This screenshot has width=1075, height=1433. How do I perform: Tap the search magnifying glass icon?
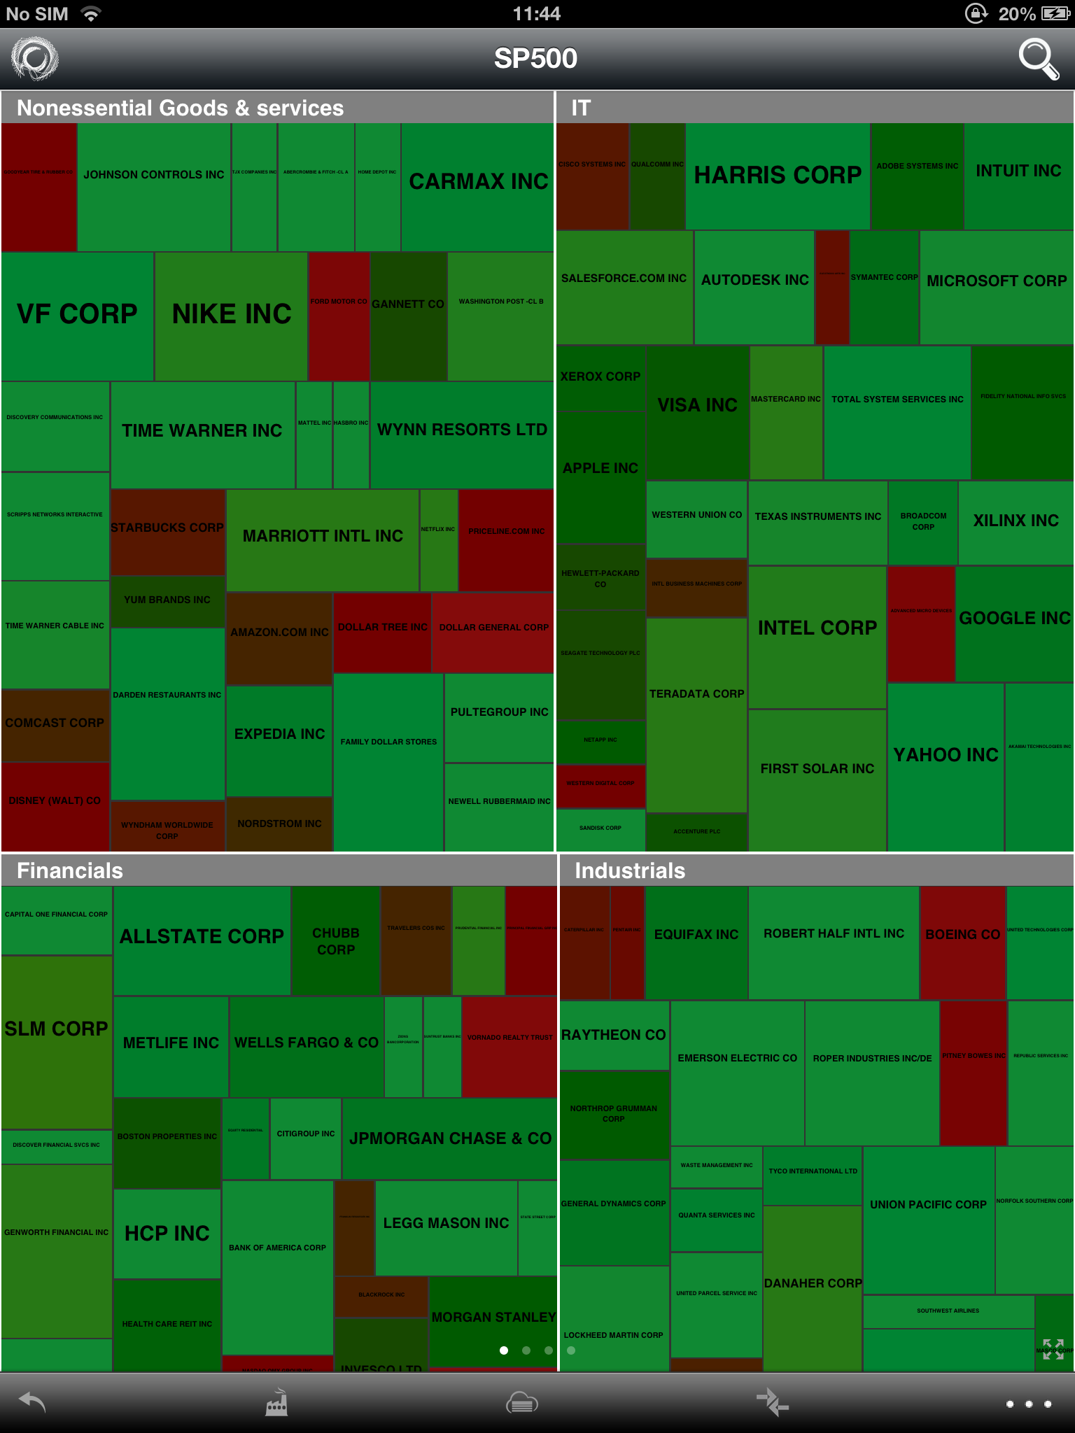pyautogui.click(x=1039, y=59)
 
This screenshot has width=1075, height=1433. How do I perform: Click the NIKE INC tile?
pyautogui.click(x=231, y=316)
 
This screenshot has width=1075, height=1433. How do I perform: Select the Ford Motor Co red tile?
pyautogui.click(x=339, y=316)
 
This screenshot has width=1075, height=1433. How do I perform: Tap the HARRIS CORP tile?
pyautogui.click(x=778, y=176)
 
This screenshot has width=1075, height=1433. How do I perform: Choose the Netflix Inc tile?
pyautogui.click(x=438, y=539)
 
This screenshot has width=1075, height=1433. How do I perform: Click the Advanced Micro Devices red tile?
pyautogui.click(x=921, y=623)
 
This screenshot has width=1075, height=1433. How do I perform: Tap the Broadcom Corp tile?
pyautogui.click(x=922, y=522)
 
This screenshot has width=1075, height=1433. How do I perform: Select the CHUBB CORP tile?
pyautogui.click(x=336, y=940)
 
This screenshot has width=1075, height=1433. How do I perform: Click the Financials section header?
pyautogui.click(x=70, y=870)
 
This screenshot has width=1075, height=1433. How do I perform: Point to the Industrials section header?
pyautogui.click(x=630, y=870)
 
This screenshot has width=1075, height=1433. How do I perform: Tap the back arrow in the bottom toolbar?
pyautogui.click(x=32, y=1402)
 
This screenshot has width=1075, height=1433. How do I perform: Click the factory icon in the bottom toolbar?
pyautogui.click(x=276, y=1402)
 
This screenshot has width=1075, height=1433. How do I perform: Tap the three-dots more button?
pyautogui.click(x=1028, y=1404)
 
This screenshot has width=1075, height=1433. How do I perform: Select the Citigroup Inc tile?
pyautogui.click(x=306, y=1138)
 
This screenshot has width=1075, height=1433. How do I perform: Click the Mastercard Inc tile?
pyautogui.click(x=786, y=413)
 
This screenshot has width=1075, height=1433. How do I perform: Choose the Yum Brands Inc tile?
pyautogui.click(x=167, y=600)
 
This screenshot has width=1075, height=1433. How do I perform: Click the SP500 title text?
pyautogui.click(x=535, y=59)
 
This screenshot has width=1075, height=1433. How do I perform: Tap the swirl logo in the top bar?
pyautogui.click(x=35, y=59)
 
